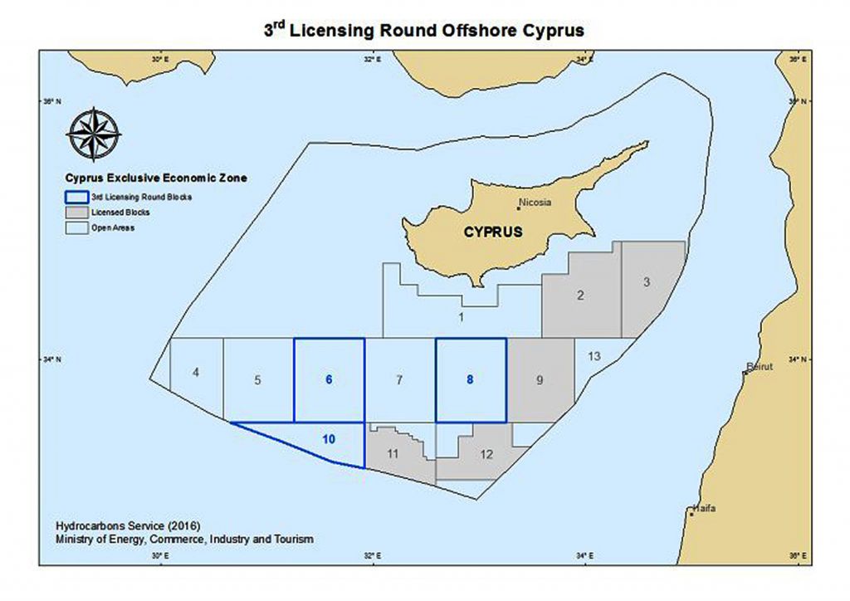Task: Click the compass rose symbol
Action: tap(93, 134)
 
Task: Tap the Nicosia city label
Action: tap(535, 203)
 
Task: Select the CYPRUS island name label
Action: tap(493, 232)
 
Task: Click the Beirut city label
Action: tap(760, 366)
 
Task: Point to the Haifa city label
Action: tap(703, 508)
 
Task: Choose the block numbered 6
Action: tap(329, 380)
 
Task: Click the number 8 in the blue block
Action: tap(470, 380)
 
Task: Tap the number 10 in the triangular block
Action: tap(329, 438)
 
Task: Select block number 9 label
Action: tap(540, 381)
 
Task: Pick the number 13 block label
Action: tap(594, 356)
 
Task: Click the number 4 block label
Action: tap(195, 373)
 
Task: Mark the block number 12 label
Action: tap(486, 454)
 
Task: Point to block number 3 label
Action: tap(647, 282)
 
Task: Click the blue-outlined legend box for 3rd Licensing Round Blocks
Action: tap(77, 198)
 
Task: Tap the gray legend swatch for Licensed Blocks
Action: tap(77, 213)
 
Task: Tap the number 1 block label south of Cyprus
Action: tap(461, 316)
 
